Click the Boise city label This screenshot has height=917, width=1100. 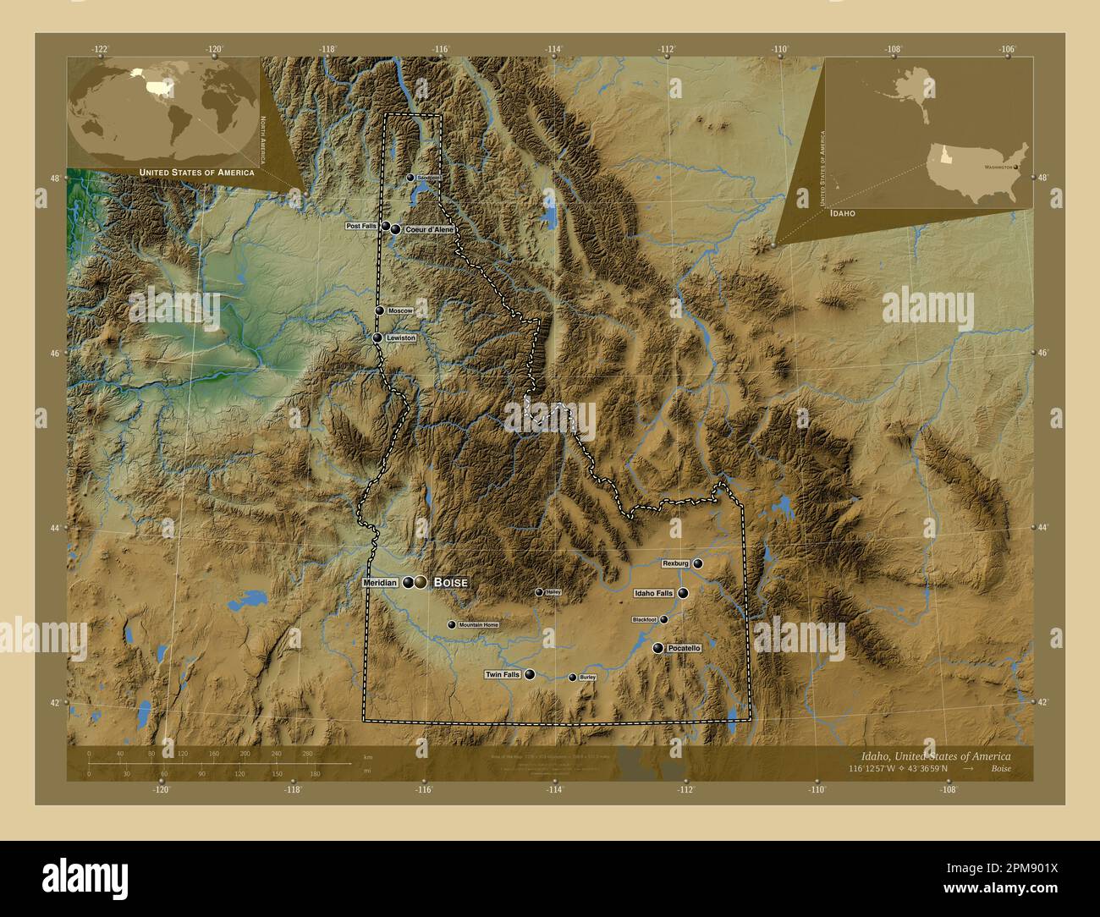click(450, 583)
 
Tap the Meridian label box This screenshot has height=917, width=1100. click(379, 583)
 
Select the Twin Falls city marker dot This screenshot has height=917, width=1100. click(530, 674)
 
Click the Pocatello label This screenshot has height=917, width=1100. click(684, 648)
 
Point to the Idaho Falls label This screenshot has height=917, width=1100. click(653, 594)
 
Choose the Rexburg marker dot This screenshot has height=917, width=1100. click(698, 563)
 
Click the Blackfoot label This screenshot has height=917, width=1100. click(644, 620)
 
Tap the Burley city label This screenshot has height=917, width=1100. click(587, 678)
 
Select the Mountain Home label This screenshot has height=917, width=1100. click(478, 625)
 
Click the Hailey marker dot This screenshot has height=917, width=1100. click(539, 592)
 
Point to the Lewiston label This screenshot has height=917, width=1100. click(400, 338)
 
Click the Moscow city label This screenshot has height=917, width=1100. click(399, 311)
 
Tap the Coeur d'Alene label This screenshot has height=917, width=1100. click(429, 229)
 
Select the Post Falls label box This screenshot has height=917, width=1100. click(361, 227)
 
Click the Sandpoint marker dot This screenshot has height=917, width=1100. click(410, 178)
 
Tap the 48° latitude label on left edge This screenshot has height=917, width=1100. click(54, 178)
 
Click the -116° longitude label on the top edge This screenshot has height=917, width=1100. click(440, 49)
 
